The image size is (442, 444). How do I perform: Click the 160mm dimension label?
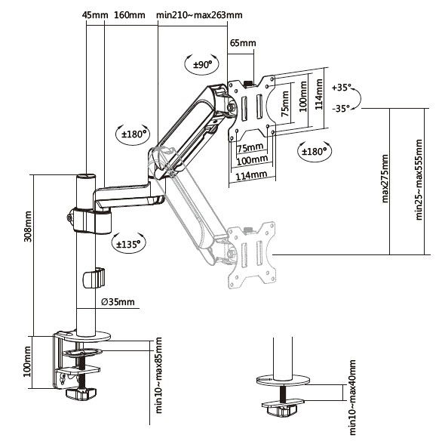[130, 15]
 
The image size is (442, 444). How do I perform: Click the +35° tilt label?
[342, 88]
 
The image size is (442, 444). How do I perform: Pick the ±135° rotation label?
[130, 243]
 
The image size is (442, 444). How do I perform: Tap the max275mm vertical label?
[385, 182]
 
